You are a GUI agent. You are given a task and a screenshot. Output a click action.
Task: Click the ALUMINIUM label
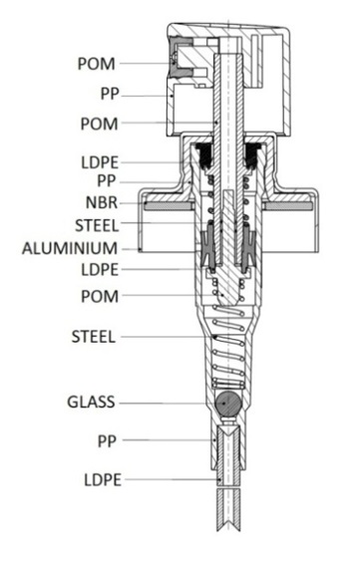tap(70, 248)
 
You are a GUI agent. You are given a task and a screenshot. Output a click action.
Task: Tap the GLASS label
tap(91, 402)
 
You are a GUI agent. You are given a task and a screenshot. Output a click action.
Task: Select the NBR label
tap(102, 202)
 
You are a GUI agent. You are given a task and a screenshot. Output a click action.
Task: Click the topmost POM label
tap(97, 64)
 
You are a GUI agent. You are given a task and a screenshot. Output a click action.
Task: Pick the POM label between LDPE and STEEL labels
tap(100, 296)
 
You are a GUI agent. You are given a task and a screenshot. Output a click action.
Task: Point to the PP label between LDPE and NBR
tap(107, 181)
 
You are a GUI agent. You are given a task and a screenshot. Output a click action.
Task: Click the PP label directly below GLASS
tap(108, 440)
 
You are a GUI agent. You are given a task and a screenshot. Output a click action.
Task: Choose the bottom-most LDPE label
tap(103, 480)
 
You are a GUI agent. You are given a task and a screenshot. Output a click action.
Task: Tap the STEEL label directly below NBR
tap(97, 226)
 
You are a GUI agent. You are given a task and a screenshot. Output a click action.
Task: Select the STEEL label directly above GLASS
tap(94, 337)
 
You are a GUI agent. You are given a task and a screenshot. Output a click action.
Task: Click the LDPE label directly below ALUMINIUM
tap(100, 269)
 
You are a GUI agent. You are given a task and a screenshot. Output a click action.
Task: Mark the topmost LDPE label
tap(100, 162)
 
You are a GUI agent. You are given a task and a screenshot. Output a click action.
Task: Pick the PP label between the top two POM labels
tap(110, 94)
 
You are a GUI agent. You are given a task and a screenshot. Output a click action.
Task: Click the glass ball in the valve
tap(227, 404)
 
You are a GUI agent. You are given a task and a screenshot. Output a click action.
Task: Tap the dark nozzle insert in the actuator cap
tap(177, 58)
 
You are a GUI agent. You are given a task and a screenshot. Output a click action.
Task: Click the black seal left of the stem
tap(202, 155)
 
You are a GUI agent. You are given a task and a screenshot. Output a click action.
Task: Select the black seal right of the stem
tap(251, 155)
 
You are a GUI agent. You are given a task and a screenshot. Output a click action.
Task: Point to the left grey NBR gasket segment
tap(170, 206)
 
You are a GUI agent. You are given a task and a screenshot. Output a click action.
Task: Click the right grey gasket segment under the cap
tap(286, 206)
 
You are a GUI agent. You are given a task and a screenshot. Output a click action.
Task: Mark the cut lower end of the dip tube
tap(228, 528)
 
